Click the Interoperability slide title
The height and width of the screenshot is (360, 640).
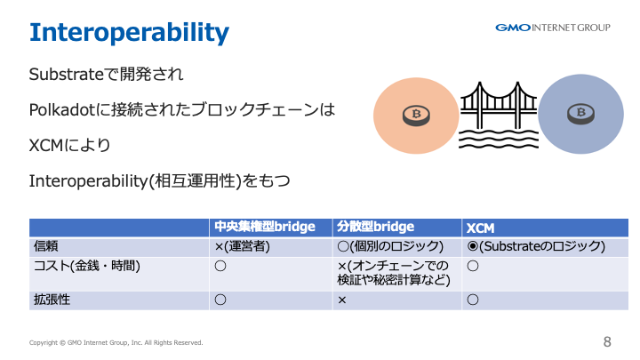click(129, 33)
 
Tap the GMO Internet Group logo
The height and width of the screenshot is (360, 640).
click(553, 28)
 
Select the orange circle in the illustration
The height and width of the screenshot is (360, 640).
click(416, 116)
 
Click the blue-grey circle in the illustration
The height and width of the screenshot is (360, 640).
click(580, 114)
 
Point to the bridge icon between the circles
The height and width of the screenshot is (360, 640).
click(499, 115)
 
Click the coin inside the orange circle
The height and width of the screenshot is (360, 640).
click(416, 116)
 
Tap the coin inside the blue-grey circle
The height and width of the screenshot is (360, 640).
click(580, 114)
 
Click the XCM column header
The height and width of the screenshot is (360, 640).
click(480, 228)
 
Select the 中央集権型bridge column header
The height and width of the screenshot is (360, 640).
click(265, 227)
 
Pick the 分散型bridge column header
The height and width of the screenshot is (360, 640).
click(375, 227)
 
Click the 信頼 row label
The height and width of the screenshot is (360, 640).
click(45, 246)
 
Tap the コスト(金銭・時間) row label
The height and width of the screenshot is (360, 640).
click(87, 266)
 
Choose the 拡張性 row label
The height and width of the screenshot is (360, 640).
click(52, 300)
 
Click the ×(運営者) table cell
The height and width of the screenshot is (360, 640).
click(242, 246)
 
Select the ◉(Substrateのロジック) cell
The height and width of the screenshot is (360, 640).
click(536, 246)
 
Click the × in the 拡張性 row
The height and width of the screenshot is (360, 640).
click(342, 300)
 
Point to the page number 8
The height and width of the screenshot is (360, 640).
click(607, 341)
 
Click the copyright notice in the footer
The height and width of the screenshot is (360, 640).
click(116, 342)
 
